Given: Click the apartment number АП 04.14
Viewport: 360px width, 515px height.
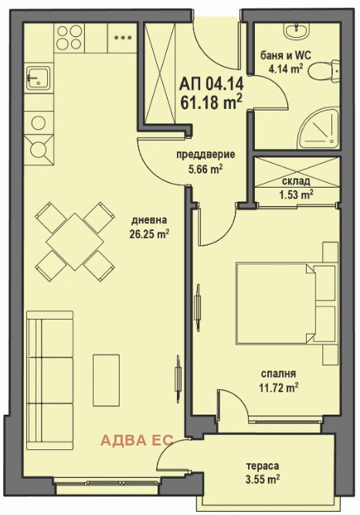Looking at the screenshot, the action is point(212,84).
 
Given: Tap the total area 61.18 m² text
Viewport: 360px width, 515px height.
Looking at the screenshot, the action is point(212,102).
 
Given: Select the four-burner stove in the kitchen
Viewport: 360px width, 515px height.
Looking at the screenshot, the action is point(70,37).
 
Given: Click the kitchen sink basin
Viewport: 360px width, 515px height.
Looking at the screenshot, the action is point(38,78).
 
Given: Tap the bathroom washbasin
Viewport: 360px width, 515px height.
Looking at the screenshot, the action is point(297,30).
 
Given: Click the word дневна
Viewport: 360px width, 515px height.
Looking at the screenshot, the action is point(149,220).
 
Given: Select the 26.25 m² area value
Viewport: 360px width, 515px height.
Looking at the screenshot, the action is point(149,234).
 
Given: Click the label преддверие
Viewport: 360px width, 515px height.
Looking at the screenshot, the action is point(205,154).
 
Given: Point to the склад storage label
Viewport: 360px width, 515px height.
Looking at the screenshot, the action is point(296,181).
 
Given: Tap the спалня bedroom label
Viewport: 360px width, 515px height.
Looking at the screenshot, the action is point(278,374).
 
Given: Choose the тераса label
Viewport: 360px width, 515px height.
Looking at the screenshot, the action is point(263,466).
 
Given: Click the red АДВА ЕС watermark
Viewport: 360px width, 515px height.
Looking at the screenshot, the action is point(137,440).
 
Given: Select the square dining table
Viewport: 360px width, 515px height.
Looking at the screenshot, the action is point(75,242).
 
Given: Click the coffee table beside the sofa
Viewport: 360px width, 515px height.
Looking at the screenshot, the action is point(106,380).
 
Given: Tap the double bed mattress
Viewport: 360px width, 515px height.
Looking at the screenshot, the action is point(275,303).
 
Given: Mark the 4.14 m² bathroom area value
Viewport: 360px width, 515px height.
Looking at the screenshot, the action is point(285,69).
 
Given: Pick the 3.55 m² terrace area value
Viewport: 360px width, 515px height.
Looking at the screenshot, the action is point(263,479).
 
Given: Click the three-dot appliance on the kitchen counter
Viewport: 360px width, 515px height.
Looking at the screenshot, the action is point(122,37).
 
